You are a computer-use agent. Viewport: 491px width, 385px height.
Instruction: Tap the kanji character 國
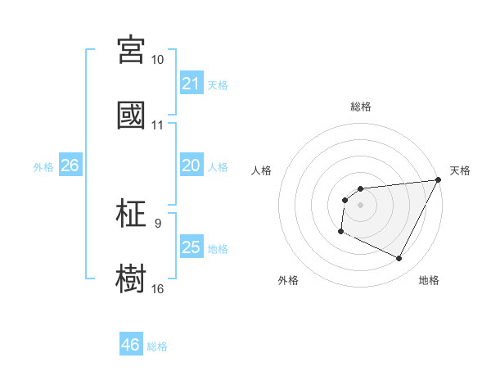[x=131, y=115]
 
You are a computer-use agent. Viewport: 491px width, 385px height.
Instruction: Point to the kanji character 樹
[x=131, y=278]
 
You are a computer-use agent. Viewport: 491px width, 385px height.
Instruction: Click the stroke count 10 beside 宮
[x=158, y=60]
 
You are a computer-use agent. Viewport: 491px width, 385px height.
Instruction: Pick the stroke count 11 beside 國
[x=158, y=125]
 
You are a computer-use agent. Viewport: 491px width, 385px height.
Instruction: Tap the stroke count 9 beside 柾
[x=158, y=223]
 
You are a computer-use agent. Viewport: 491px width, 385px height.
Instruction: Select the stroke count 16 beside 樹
[x=158, y=288]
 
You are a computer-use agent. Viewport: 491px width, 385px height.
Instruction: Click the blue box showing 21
[x=191, y=84]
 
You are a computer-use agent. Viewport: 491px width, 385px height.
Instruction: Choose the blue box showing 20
[x=191, y=165]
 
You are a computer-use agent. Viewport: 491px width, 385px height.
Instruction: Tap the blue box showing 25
[x=191, y=247]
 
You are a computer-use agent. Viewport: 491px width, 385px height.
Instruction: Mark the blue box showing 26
[x=70, y=165]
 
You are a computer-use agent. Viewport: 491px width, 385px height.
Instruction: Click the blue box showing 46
[x=131, y=345]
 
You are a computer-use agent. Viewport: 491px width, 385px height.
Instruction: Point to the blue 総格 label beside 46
[x=158, y=346]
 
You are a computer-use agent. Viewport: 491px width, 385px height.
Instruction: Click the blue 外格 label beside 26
[x=43, y=167]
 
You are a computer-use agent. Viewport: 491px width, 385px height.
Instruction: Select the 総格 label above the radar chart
[x=361, y=106]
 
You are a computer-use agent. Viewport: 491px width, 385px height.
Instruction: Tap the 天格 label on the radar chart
[x=460, y=170]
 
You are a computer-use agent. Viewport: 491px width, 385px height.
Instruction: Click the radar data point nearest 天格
[x=439, y=180]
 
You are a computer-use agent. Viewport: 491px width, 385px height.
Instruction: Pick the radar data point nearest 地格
[x=399, y=259]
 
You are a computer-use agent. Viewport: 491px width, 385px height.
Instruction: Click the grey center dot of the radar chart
[x=360, y=205]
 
